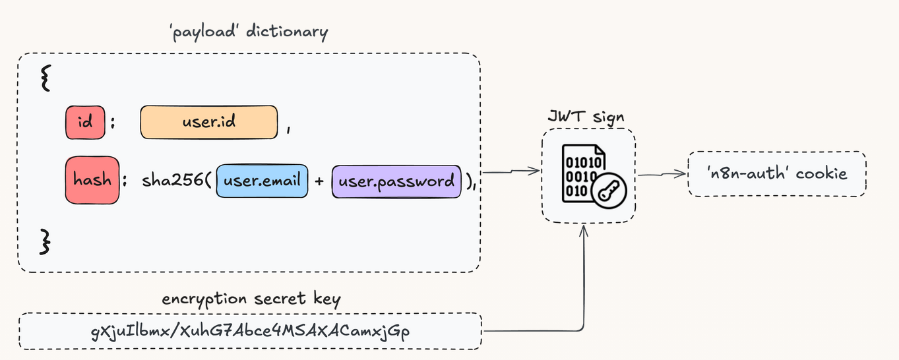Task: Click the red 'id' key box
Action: click(85, 123)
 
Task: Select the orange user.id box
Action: click(208, 122)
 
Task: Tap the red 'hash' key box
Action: click(92, 180)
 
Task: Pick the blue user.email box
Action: click(262, 181)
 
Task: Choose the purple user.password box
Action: click(396, 181)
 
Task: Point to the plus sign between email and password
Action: click(319, 181)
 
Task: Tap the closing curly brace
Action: click(45, 241)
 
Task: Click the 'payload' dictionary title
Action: click(248, 32)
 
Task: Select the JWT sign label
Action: click(586, 117)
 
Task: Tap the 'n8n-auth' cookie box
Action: click(776, 173)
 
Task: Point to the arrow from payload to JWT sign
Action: click(512, 173)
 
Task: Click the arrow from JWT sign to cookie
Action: click(662, 174)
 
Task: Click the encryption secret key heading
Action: click(251, 299)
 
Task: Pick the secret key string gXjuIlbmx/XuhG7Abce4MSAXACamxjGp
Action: click(250, 331)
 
